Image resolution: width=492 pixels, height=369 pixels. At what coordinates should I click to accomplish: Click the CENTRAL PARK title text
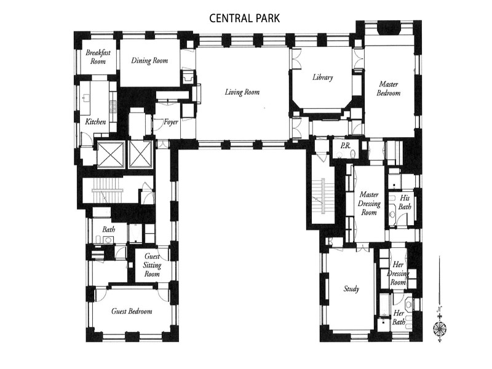coord(245,18)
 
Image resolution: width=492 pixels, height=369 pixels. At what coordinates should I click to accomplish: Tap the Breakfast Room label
coord(98,57)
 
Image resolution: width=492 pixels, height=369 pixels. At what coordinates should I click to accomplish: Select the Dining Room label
coord(149,60)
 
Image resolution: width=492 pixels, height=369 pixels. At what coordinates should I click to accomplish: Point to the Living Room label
coord(242,92)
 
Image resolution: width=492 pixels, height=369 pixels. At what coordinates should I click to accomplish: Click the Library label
coord(322,77)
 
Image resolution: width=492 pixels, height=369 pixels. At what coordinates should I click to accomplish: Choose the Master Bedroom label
coord(389,89)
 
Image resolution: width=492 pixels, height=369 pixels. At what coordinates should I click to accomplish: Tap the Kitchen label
coord(96,122)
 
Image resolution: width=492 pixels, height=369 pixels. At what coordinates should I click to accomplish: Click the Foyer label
coord(170,122)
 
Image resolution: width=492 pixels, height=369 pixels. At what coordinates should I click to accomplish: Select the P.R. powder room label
coord(345,146)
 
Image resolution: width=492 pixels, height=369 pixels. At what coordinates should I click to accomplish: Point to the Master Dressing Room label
coord(368,204)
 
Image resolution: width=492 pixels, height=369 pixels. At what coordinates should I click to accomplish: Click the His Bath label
coord(405,202)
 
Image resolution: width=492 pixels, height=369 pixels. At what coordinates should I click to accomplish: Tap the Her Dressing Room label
coord(399,273)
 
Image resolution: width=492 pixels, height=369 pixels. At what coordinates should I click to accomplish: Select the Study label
coord(351,289)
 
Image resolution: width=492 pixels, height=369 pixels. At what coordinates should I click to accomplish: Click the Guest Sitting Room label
coord(152,264)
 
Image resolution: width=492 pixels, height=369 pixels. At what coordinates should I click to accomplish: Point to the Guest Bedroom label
coord(132,311)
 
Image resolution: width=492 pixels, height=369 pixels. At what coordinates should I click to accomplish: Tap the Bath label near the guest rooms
coord(109,230)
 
